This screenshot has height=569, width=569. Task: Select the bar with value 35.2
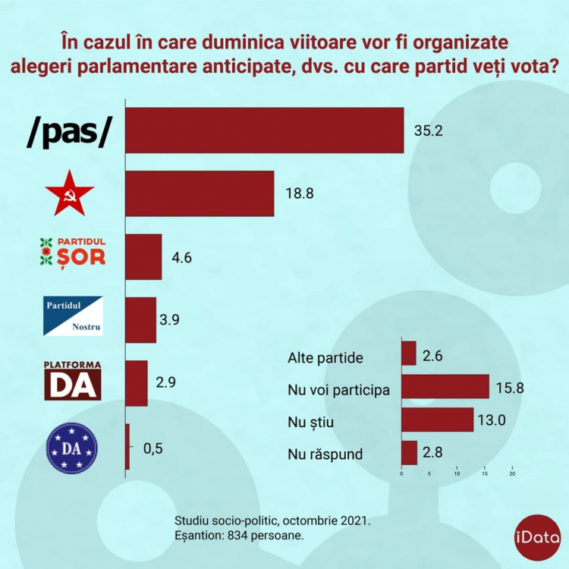[x=265, y=130]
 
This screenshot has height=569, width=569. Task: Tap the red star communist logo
[x=69, y=193]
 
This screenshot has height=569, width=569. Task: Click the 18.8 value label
[x=300, y=193]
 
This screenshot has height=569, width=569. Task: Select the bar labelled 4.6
[x=143, y=257]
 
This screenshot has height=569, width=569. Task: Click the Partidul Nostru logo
[x=73, y=316]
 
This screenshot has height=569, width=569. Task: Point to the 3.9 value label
[x=169, y=319]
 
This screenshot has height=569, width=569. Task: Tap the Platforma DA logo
[x=73, y=381]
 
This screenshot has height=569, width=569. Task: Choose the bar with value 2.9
[x=137, y=383]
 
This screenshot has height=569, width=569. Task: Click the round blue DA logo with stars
[x=72, y=448]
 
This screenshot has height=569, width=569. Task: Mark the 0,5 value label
[x=152, y=449]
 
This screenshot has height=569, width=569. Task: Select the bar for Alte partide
[x=409, y=353]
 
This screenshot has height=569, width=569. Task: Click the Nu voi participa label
[x=338, y=390]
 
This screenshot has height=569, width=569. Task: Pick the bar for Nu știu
[x=438, y=420]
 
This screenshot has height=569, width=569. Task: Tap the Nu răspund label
[x=325, y=454]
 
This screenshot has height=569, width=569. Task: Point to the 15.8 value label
[x=510, y=388]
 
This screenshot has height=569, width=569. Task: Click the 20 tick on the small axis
[x=512, y=473]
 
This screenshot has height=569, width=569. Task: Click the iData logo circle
[x=537, y=537]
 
